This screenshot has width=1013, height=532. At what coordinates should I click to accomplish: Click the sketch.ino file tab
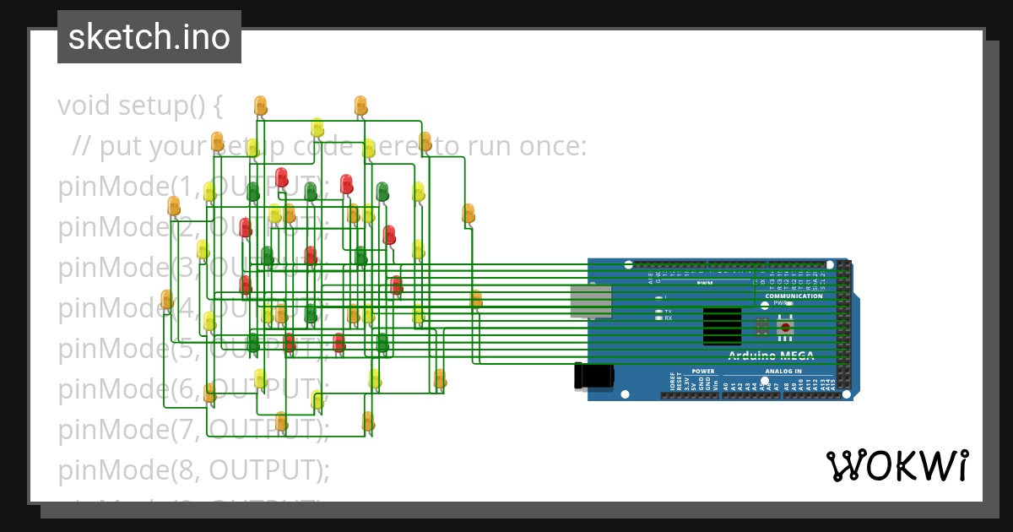(149, 37)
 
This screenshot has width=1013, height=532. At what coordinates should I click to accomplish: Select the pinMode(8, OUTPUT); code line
(193, 470)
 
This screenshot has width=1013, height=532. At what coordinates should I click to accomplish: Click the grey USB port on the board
(591, 301)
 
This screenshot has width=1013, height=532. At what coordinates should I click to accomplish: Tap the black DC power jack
(593, 376)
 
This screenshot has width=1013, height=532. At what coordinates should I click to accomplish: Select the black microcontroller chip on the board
(722, 327)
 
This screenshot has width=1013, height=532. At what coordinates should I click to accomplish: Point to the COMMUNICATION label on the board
(794, 296)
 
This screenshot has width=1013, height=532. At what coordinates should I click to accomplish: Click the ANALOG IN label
(783, 372)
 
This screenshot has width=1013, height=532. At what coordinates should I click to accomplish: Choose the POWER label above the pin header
(702, 372)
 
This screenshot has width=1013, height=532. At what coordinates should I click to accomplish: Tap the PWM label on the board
(705, 283)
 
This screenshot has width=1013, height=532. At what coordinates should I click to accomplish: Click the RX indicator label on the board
(669, 318)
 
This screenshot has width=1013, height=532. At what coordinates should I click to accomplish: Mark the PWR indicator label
(779, 303)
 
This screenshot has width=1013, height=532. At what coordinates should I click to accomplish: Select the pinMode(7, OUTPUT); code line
(193, 429)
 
